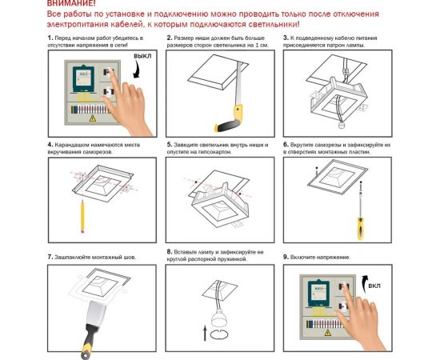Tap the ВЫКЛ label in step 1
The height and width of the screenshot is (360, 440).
[142, 58]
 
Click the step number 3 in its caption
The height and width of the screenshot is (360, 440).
[286, 38]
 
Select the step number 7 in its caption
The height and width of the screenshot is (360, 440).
[50, 257]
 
